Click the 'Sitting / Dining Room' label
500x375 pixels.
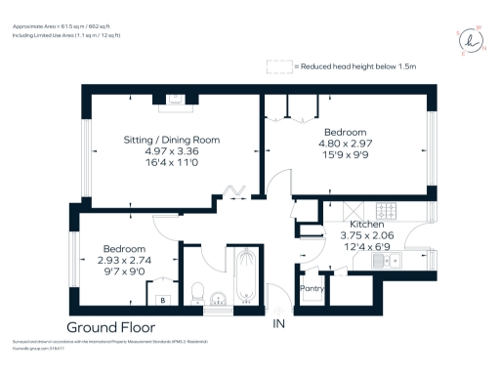click(x=163, y=140)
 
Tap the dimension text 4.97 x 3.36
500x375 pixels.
click(x=163, y=152)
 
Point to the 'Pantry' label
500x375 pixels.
click(x=312, y=289)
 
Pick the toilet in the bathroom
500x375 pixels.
click(x=196, y=290)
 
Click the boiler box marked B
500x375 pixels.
click(x=162, y=301)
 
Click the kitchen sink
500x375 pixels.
click(x=388, y=261)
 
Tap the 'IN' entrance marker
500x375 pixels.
click(x=279, y=323)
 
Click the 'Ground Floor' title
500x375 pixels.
click(x=110, y=326)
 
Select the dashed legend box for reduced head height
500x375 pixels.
click(x=279, y=66)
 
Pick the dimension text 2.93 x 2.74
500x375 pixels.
click(x=122, y=261)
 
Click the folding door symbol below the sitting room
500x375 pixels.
click(x=234, y=191)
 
